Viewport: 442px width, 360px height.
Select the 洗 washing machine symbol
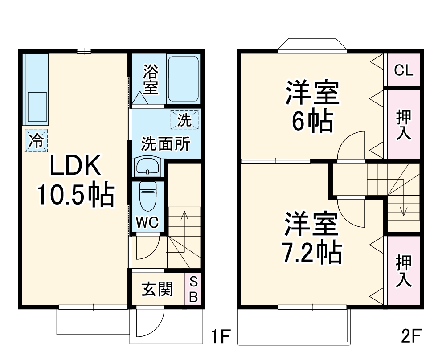pos(184,119)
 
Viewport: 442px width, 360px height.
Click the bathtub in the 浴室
pos(183,79)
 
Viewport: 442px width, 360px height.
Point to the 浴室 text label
pos(151,80)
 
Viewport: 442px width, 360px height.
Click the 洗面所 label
pos(165,144)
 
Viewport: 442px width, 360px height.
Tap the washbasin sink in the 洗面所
pos(147,167)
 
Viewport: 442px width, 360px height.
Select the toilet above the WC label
pos(147,196)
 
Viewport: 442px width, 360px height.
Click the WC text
pos(147,222)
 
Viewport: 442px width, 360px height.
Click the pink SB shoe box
pos(193,290)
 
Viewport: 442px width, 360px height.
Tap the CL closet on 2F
pos(404,70)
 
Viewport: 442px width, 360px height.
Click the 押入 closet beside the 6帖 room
pos(404,125)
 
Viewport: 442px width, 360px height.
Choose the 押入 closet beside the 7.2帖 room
pos(404,270)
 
